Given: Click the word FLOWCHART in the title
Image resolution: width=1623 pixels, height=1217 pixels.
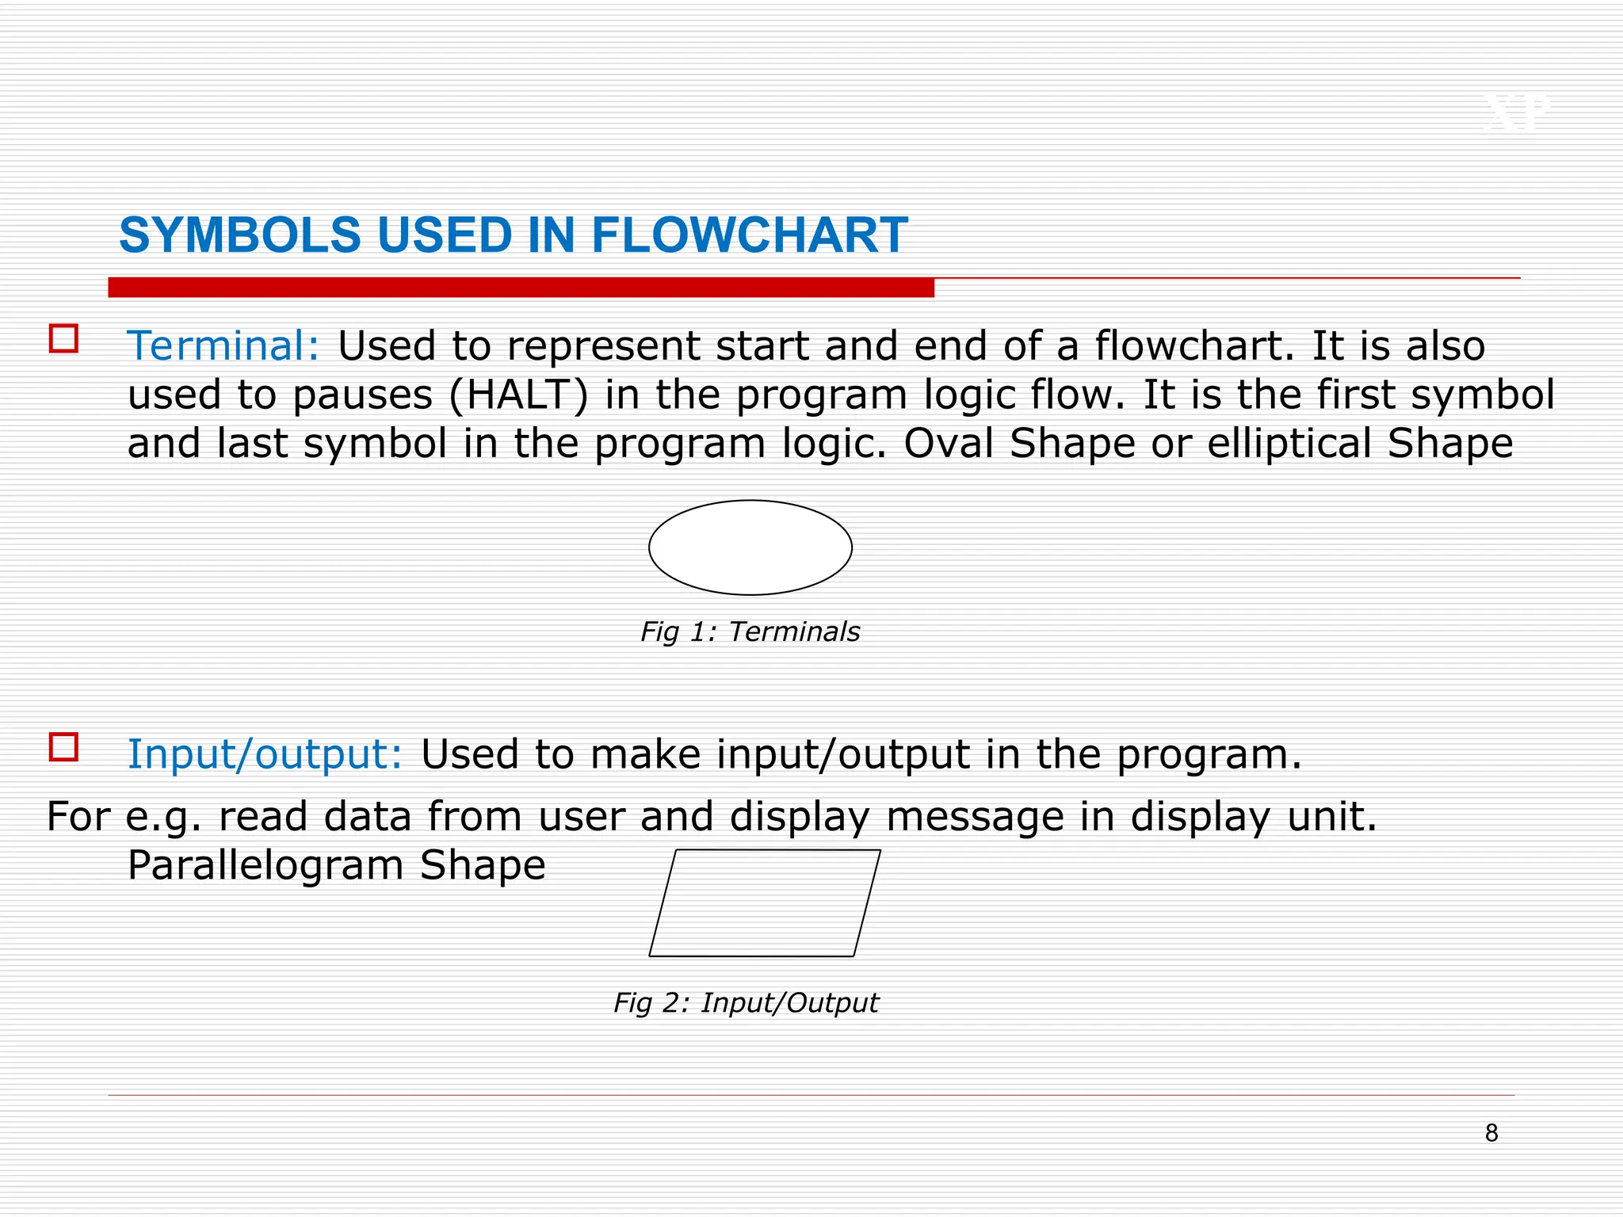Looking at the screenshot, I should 749,235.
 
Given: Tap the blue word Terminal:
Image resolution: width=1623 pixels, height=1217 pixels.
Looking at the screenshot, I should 223,346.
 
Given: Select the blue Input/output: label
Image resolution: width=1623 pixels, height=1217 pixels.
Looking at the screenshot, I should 265,754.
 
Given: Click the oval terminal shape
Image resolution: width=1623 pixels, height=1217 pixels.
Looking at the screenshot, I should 750,547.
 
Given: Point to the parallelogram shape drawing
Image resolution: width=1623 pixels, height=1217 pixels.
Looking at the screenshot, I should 765,903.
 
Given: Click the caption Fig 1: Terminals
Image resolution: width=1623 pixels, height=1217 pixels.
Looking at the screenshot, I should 750,632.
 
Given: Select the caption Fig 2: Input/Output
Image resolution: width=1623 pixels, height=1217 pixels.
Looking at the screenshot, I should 746,1003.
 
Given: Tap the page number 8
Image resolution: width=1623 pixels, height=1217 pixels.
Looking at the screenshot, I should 1491,1134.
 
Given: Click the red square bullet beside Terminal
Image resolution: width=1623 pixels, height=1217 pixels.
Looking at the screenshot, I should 63,338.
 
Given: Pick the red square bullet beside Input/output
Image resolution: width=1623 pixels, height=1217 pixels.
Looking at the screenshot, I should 63,747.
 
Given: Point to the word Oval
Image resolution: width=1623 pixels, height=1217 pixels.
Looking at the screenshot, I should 948,444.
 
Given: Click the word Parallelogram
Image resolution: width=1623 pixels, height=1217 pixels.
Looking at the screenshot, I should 265,865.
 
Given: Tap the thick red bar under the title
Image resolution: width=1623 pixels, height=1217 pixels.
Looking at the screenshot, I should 521,288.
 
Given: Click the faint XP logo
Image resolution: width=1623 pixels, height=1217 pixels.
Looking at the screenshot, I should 1516,113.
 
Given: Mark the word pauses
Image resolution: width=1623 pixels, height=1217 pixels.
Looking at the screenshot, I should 362,395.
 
